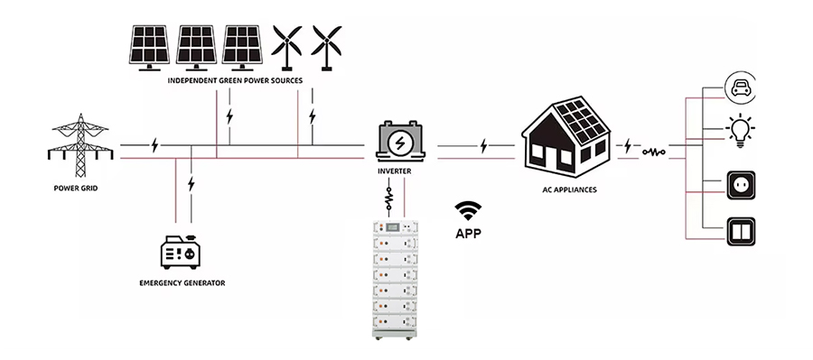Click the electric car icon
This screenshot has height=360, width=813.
pyautogui.click(x=741, y=88)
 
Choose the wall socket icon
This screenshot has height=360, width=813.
pyautogui.click(x=741, y=186)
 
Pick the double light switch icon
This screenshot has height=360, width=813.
pyautogui.click(x=741, y=232)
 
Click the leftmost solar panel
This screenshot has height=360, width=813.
pyautogui.click(x=147, y=47)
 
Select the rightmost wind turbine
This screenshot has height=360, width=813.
pyautogui.click(x=326, y=45)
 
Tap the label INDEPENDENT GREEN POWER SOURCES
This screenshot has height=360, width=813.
pyautogui.click(x=235, y=80)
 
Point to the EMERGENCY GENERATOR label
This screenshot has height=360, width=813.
pyautogui.click(x=182, y=283)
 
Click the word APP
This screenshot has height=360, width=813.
pyautogui.click(x=468, y=233)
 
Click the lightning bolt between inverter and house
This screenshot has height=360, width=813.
pyautogui.click(x=485, y=144)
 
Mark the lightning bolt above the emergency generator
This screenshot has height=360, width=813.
pyautogui.click(x=191, y=185)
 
